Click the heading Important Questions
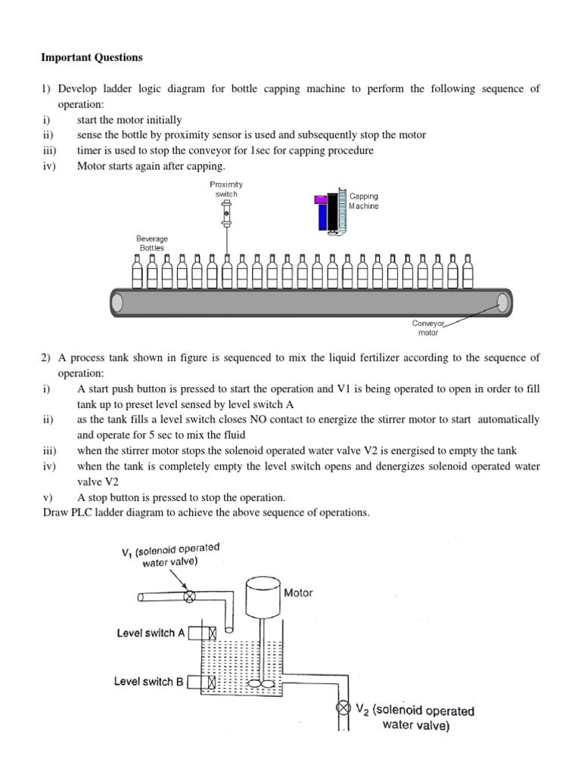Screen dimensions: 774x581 click(x=91, y=57)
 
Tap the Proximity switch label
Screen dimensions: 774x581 click(x=226, y=189)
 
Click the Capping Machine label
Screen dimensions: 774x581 click(x=364, y=200)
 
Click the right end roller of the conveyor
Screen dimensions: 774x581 click(x=502, y=302)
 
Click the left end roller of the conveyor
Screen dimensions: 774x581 click(x=117, y=302)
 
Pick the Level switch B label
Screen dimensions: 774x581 click(x=149, y=681)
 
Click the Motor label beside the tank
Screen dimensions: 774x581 click(x=298, y=593)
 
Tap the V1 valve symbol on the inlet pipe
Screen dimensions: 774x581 click(x=189, y=596)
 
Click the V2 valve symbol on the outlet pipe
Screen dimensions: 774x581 click(x=343, y=708)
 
